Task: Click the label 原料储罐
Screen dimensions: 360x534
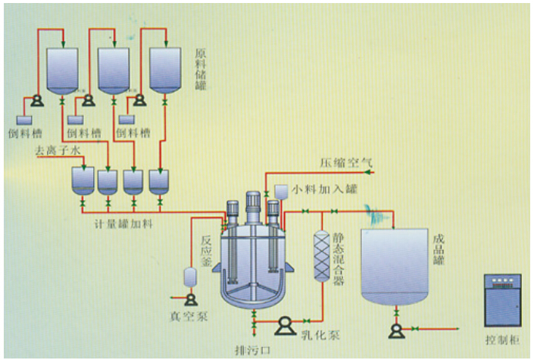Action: tap(201, 67)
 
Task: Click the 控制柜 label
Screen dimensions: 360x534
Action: tap(501, 337)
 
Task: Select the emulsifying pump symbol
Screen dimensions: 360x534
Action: tap(284, 325)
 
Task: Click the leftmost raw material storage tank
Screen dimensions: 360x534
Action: tap(62, 70)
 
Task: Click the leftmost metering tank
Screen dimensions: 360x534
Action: tap(82, 180)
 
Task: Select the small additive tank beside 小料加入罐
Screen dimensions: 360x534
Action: tap(279, 192)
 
